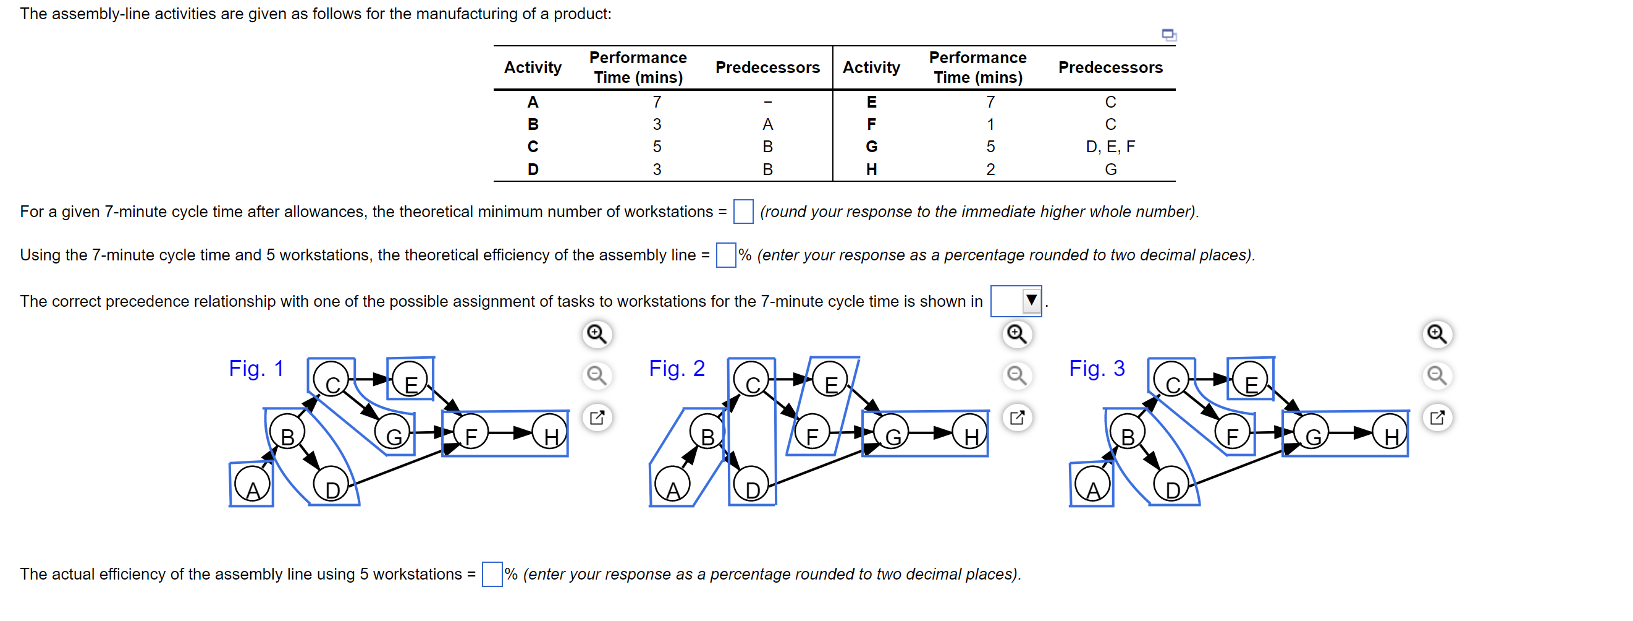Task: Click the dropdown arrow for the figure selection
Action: click(x=1031, y=300)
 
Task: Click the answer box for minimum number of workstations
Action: click(x=742, y=212)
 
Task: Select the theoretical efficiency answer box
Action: click(x=725, y=254)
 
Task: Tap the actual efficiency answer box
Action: click(x=491, y=573)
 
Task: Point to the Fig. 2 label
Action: click(x=676, y=368)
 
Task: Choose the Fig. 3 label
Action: click(x=1096, y=368)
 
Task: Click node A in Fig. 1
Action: click(x=251, y=486)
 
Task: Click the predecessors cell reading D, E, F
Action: click(x=1110, y=147)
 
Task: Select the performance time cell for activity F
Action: click(x=990, y=124)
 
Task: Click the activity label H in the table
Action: click(x=871, y=169)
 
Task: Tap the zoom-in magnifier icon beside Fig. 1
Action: click(x=596, y=333)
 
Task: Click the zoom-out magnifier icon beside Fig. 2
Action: click(x=1016, y=375)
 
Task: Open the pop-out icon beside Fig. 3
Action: click(x=1437, y=417)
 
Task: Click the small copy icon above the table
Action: click(x=1168, y=34)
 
